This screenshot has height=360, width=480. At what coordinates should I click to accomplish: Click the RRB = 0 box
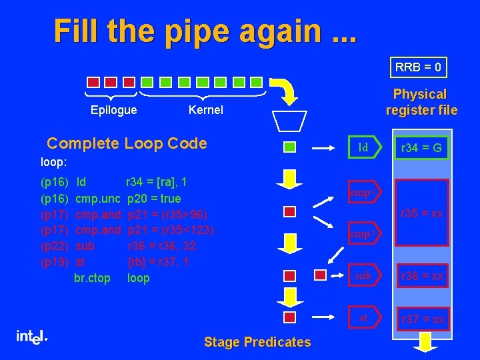419,67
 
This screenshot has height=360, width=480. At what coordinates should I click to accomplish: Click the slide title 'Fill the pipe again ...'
205,31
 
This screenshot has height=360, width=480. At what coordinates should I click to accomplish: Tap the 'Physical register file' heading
420,102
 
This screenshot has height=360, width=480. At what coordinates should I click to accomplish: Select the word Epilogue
113,110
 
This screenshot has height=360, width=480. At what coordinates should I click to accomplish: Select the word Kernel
206,110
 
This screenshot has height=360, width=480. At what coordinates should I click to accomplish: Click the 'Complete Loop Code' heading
127,143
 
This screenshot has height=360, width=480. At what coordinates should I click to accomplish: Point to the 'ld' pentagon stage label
363,147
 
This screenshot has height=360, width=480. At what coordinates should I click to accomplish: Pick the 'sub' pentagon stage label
363,275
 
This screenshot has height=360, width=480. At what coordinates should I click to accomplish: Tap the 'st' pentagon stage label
363,318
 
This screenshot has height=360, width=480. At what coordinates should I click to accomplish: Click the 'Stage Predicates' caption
257,342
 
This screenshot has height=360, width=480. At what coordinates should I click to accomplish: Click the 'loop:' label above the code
53,161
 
